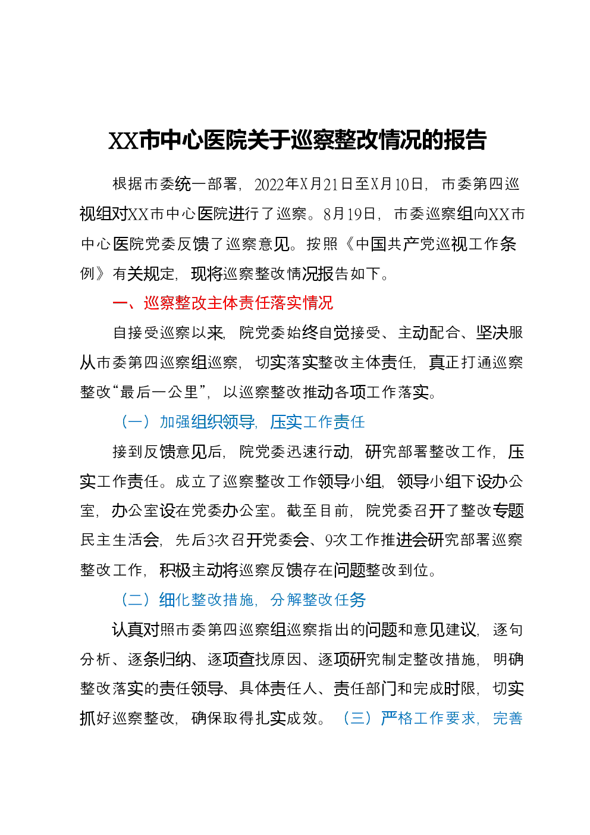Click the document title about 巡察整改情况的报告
297,140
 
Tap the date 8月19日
349,214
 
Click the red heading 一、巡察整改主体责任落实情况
223,303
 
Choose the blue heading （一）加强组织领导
187,421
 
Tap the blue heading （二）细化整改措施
187,599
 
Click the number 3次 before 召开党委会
215,540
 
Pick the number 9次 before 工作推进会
333,540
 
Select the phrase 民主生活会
120,540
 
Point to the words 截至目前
318,510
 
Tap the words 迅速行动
318,451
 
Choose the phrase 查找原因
269,659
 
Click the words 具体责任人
278,688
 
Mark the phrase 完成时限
444,688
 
